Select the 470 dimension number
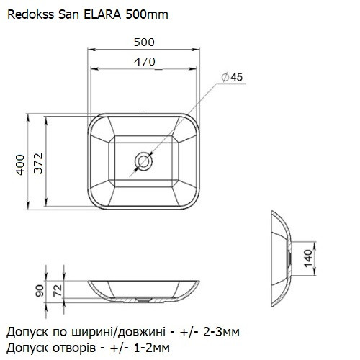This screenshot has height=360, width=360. (145, 62)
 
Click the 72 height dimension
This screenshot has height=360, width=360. (58, 292)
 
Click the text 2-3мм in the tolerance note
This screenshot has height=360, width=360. (218, 332)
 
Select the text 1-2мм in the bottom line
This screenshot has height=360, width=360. (157, 348)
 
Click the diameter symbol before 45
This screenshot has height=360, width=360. (224, 77)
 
